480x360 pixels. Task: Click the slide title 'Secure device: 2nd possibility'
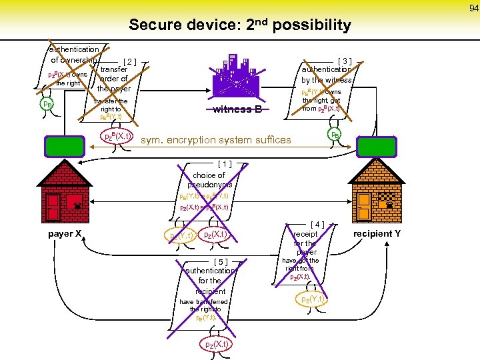(x=240, y=25)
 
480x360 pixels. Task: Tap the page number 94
(x=472, y=8)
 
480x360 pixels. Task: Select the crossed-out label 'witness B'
(x=238, y=110)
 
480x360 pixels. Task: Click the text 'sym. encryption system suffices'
(x=216, y=140)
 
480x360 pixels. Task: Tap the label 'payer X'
(x=65, y=234)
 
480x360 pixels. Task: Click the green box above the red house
(x=65, y=145)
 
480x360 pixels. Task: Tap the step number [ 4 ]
(x=317, y=225)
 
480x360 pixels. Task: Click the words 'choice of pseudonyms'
(x=209, y=180)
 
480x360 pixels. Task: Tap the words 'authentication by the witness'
(x=327, y=75)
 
